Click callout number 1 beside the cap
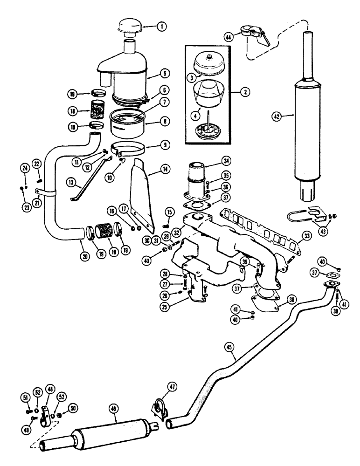click(161, 27)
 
